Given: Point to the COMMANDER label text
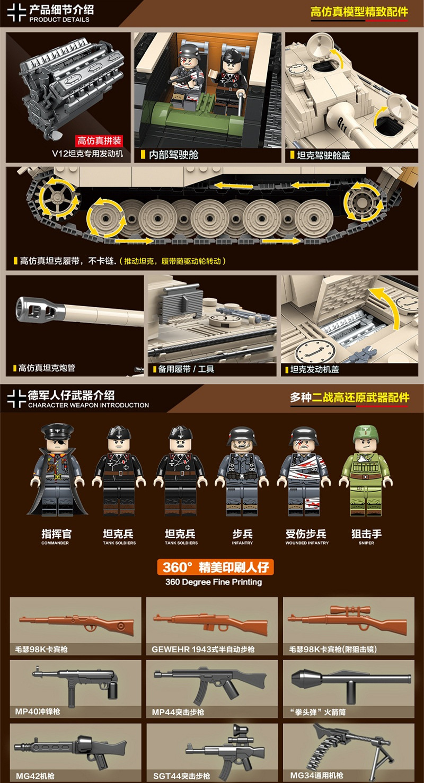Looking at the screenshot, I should pos(55,543).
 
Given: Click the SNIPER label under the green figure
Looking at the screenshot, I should pos(366,543).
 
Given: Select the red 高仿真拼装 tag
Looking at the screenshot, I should pos(100,141).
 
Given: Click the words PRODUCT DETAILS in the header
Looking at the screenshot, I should pos(59,20).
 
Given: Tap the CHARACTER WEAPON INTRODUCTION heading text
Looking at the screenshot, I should pos(89,405).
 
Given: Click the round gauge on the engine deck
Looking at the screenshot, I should pos(310,351).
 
